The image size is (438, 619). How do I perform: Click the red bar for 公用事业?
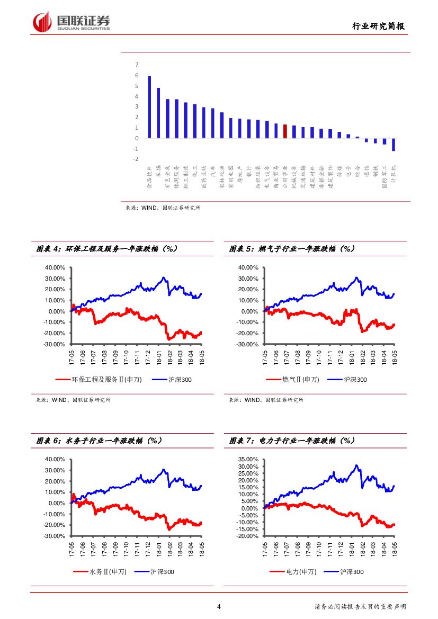pyautogui.click(x=285, y=131)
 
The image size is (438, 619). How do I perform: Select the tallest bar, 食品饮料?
pyautogui.click(x=149, y=107)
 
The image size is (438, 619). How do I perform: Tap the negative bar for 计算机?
pyautogui.click(x=394, y=145)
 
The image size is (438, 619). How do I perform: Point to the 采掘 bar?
pyautogui.click(x=158, y=113)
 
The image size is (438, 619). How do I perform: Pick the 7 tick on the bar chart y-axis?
pyautogui.click(x=137, y=65)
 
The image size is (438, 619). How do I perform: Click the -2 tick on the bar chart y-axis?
pyautogui.click(x=136, y=159)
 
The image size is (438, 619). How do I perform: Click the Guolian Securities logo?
pyautogui.click(x=71, y=22)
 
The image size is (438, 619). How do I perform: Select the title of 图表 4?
pyautogui.click(x=106, y=248)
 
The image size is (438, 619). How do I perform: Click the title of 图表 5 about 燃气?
pyautogui.click(x=292, y=248)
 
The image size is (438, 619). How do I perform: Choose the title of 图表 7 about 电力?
pyautogui.click(x=292, y=440)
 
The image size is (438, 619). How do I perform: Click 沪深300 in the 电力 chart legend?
pyautogui.click(x=351, y=572)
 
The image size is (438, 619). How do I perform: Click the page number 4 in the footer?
pyautogui.click(x=219, y=607)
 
